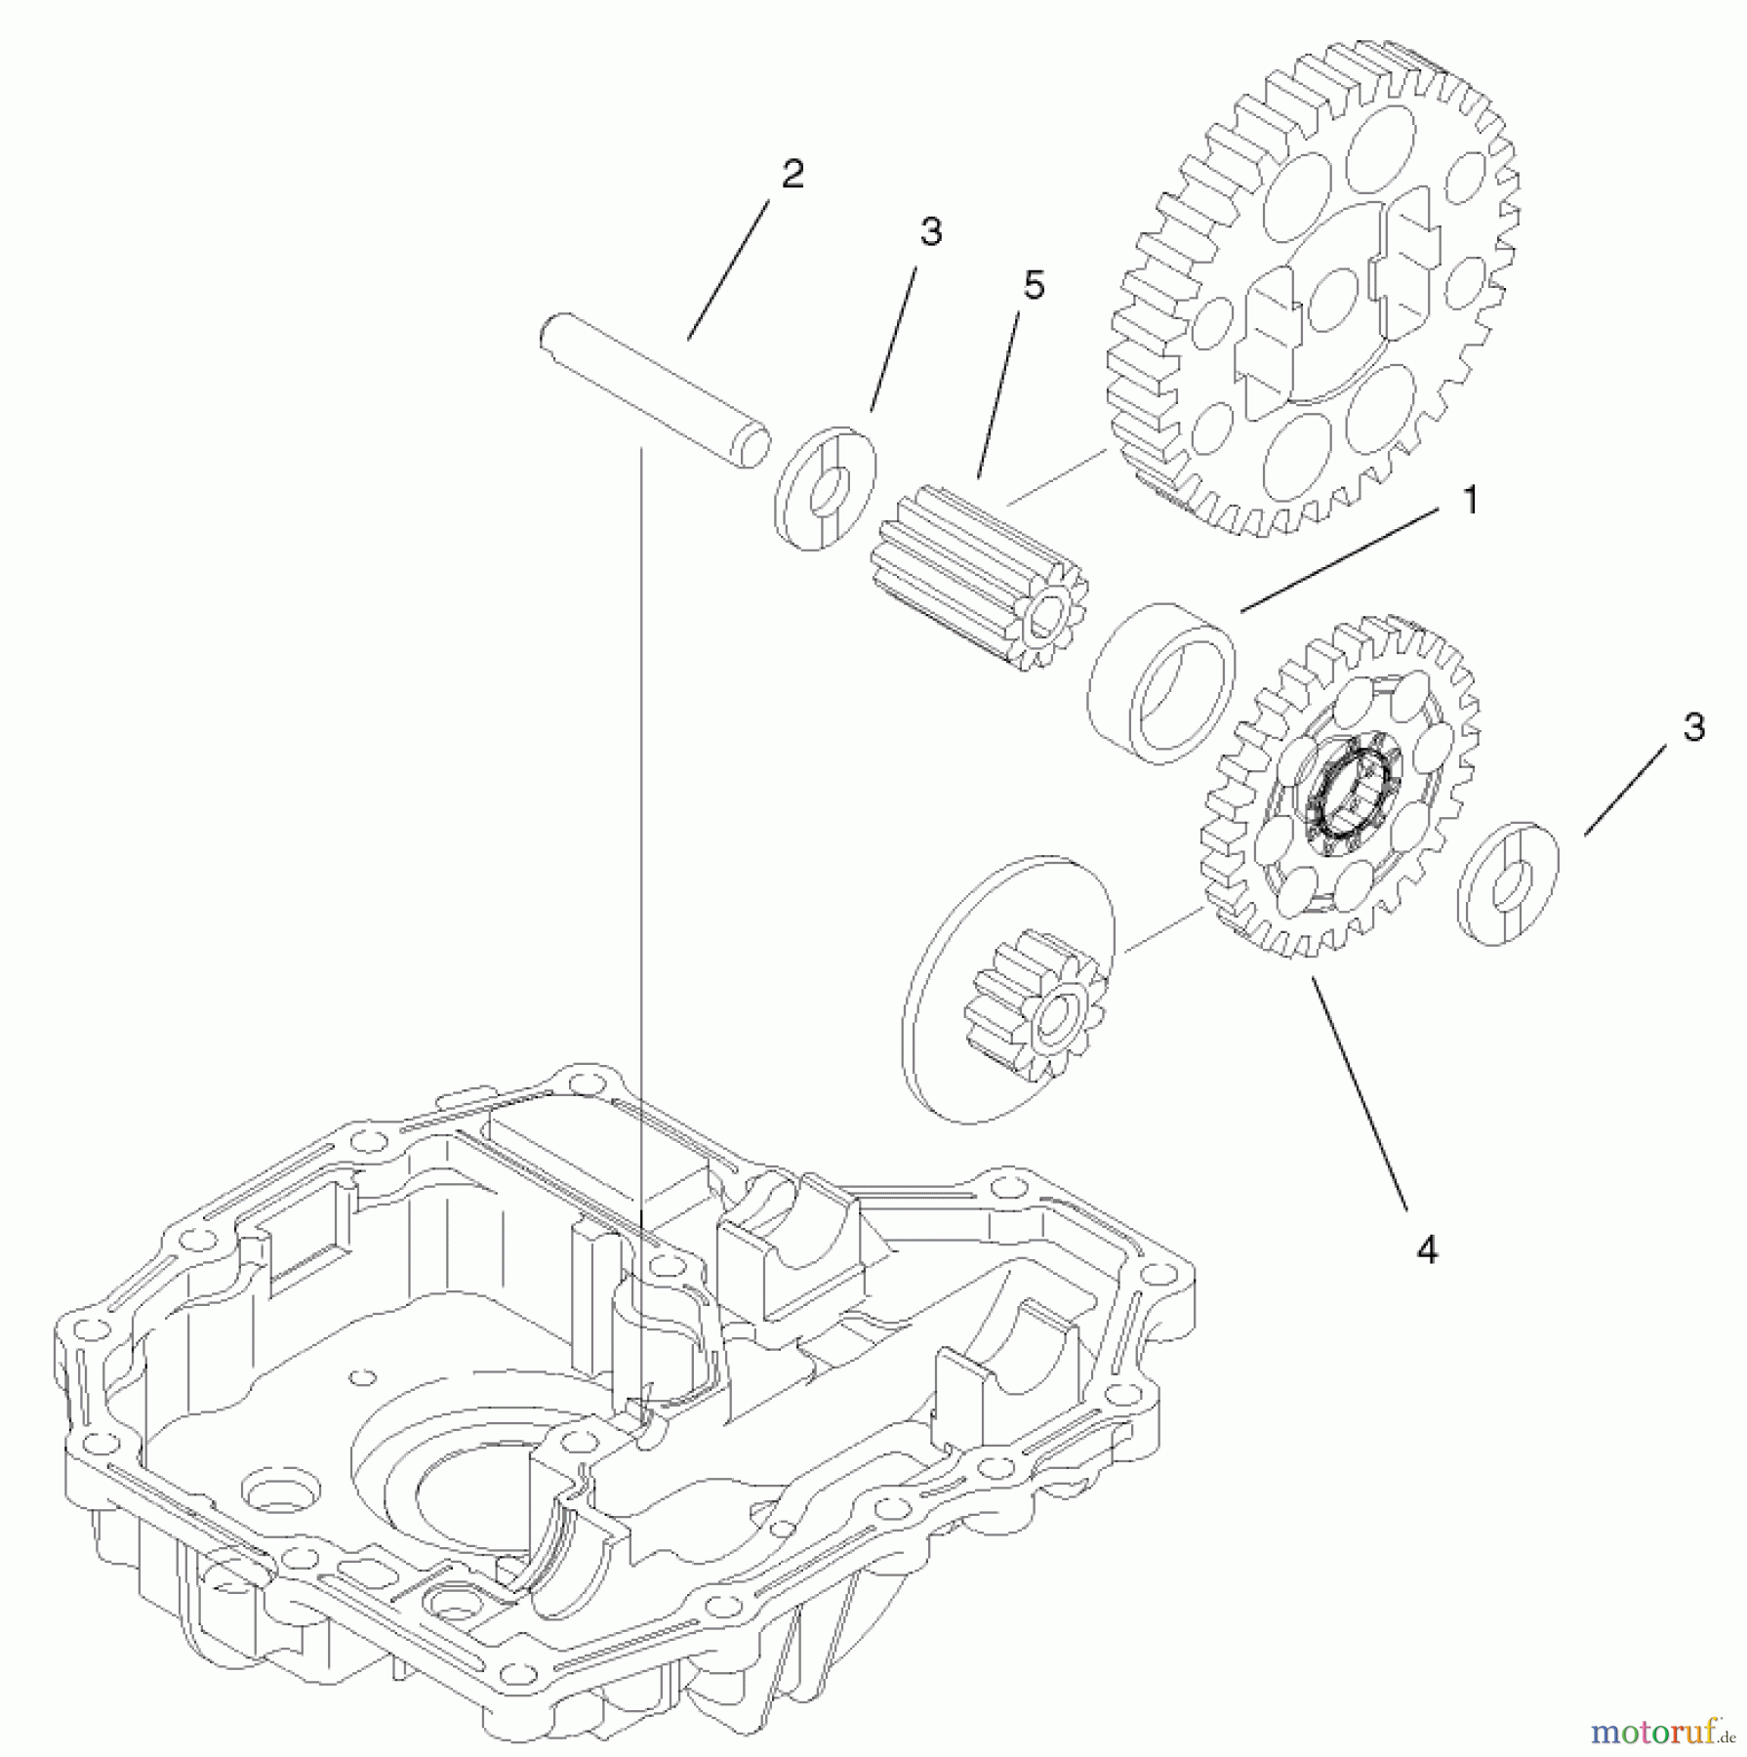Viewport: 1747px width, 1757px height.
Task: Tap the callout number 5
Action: coord(1034,285)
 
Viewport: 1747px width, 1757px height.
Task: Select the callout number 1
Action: coord(1469,501)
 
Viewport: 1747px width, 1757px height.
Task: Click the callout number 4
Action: coord(1427,1250)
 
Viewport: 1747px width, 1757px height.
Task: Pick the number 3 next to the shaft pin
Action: coord(930,231)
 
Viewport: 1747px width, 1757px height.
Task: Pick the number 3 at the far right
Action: coord(1693,727)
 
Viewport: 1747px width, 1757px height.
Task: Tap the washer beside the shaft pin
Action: coord(825,488)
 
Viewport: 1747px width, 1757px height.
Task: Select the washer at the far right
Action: coord(1508,884)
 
